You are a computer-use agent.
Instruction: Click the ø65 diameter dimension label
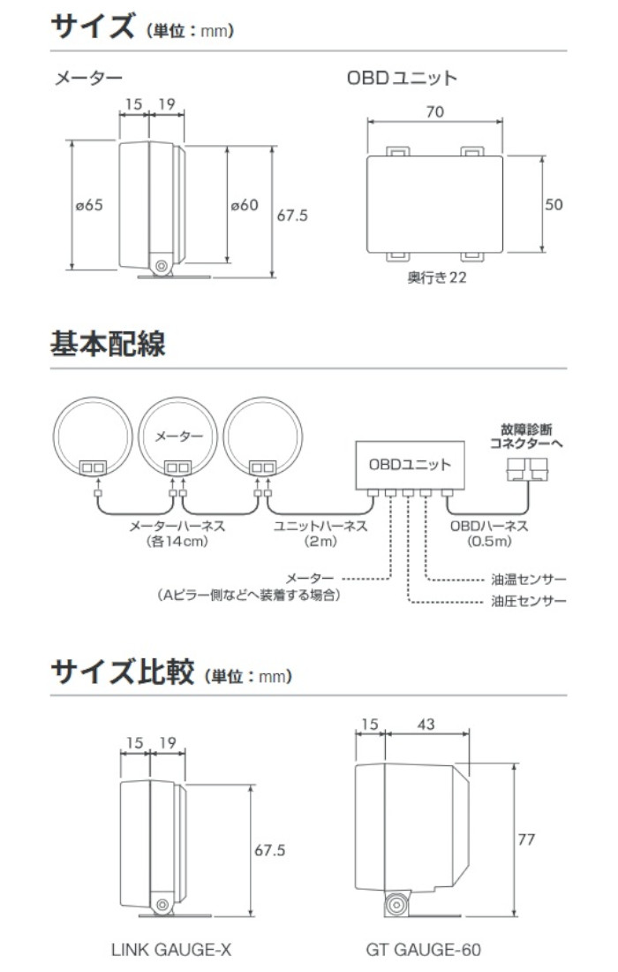89,205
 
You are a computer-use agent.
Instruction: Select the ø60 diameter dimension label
245,205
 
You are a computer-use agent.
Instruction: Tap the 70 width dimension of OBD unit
433,112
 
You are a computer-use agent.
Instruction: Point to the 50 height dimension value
554,205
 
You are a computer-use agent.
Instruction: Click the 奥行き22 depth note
435,277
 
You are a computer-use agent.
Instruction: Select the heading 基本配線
107,343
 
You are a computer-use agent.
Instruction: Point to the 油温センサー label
528,581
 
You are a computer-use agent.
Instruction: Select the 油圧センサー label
528,602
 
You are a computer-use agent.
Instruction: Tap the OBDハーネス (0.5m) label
488,534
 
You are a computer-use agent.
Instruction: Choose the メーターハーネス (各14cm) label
177,534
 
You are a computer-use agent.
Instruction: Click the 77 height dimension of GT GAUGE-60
526,839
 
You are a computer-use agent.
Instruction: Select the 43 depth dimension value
426,725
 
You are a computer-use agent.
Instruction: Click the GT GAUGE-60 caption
423,951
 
